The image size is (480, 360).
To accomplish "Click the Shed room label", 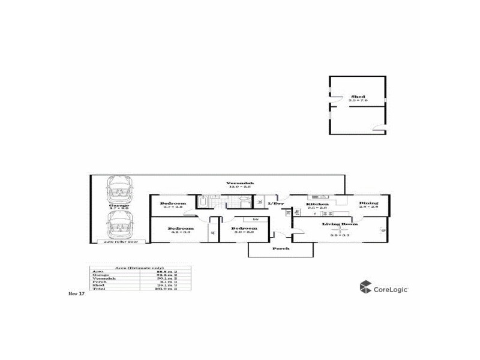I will tap(358, 96).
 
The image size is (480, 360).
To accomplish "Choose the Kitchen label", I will tap(317, 204).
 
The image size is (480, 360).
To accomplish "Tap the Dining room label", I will tap(368, 203).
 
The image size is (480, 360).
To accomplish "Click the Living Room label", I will tap(340, 224).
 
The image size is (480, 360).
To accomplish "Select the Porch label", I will tap(280, 248).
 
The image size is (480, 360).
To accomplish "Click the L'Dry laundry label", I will tap(275, 204).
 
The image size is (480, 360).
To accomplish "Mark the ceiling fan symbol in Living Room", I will tap(340, 230).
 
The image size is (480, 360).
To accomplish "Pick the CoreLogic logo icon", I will tap(365, 287).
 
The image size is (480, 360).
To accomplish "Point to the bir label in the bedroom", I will tap(256, 219).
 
